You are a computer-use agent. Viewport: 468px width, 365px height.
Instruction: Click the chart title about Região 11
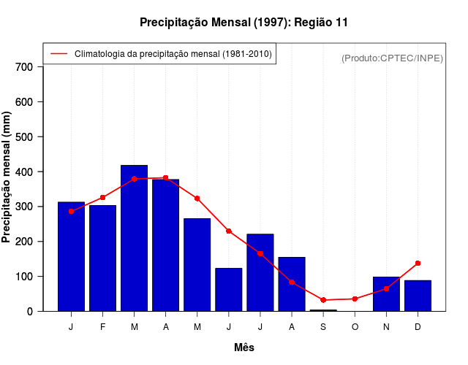pyautogui.click(x=244, y=23)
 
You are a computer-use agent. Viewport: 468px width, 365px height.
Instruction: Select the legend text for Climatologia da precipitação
pyautogui.click(x=173, y=54)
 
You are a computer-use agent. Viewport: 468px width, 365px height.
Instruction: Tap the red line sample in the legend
pyautogui.click(x=58, y=54)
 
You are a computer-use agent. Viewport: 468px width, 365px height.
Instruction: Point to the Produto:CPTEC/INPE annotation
pyautogui.click(x=392, y=58)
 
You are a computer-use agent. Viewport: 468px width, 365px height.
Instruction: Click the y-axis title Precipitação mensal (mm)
pyautogui.click(x=7, y=177)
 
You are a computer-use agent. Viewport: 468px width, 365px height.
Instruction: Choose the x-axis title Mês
pyautogui.click(x=244, y=347)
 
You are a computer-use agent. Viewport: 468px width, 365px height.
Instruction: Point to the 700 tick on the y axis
pyautogui.click(x=24, y=67)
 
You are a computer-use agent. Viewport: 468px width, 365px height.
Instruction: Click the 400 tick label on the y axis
pyautogui.click(x=24, y=172)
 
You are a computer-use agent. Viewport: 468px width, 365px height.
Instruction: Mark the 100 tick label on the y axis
pyautogui.click(x=24, y=277)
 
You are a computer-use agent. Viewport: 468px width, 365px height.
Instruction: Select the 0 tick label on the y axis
pyautogui.click(x=30, y=312)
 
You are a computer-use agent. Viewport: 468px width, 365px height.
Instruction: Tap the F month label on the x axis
pyautogui.click(x=103, y=326)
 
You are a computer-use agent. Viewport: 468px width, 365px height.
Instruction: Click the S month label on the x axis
pyautogui.click(x=323, y=326)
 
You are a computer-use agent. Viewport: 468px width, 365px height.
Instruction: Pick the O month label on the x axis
pyautogui.click(x=355, y=326)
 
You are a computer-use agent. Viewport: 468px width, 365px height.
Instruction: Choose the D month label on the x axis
pyautogui.click(x=418, y=326)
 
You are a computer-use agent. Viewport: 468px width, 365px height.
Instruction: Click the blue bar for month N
pyautogui.click(x=386, y=294)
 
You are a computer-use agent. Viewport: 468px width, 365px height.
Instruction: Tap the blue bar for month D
pyautogui.click(x=418, y=296)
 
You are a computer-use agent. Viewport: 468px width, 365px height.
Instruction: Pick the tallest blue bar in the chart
pyautogui.click(x=135, y=238)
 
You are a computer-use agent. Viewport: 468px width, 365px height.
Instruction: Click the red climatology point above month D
pyautogui.click(x=418, y=263)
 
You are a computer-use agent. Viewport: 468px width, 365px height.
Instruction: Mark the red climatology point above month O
pyautogui.click(x=355, y=299)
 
